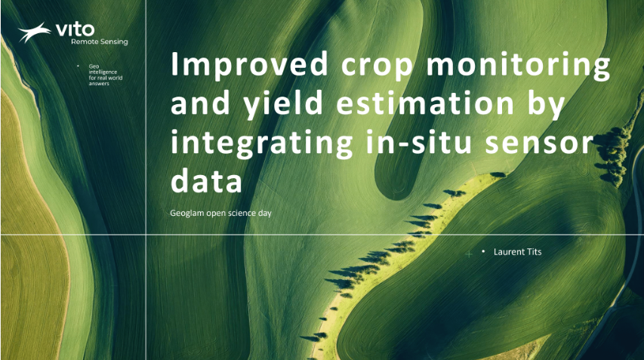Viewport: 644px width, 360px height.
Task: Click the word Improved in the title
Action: pyautogui.click(x=249, y=63)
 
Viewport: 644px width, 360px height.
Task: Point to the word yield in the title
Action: pyautogui.click(x=283, y=104)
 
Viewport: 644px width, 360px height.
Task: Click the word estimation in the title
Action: pyautogui.click(x=425, y=103)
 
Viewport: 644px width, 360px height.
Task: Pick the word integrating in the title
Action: pyautogui.click(x=262, y=143)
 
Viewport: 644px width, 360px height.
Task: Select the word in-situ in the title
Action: pyautogui.click(x=418, y=142)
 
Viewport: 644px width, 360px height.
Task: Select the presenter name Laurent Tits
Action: pyautogui.click(x=517, y=251)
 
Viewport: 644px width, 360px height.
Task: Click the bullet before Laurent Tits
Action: pyautogui.click(x=483, y=251)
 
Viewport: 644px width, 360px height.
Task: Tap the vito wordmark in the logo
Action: pyautogui.click(x=75, y=29)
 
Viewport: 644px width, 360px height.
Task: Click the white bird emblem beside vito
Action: pyautogui.click(x=35, y=32)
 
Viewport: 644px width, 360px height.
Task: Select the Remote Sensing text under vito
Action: pyautogui.click(x=100, y=42)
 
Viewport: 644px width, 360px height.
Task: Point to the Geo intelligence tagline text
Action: pyautogui.click(x=106, y=75)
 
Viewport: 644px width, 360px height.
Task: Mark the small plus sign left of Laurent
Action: pyautogui.click(x=469, y=254)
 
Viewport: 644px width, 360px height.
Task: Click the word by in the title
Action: pyautogui.click(x=546, y=104)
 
